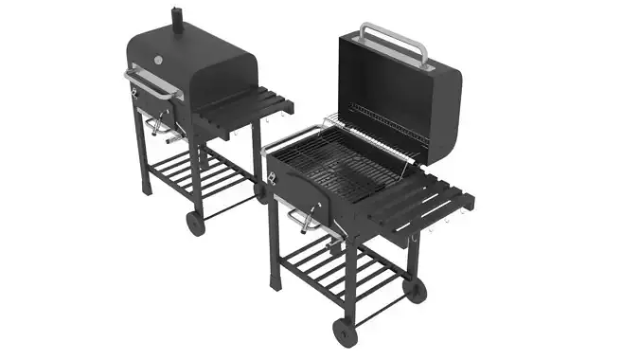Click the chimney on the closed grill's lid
point(176,18)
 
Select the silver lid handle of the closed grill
point(151,82)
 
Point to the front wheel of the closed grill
point(195,224)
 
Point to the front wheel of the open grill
point(343,331)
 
